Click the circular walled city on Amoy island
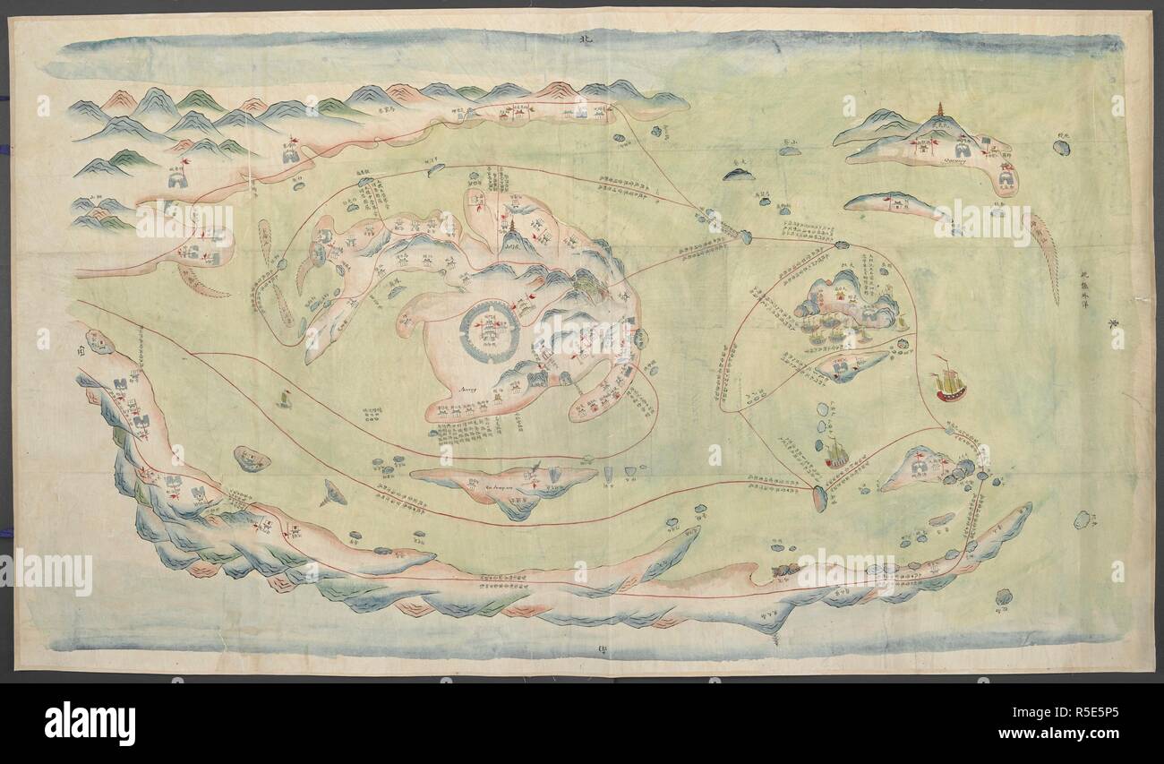tap(490, 331)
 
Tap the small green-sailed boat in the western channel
tap(286, 398)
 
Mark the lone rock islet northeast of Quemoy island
tap(1060, 147)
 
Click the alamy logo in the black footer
tap(90, 722)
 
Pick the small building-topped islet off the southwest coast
tap(252, 459)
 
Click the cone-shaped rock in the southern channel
tap(335, 491)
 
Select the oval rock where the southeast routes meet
tap(819, 498)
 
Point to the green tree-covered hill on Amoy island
tap(586, 285)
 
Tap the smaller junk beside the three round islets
tap(835, 453)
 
